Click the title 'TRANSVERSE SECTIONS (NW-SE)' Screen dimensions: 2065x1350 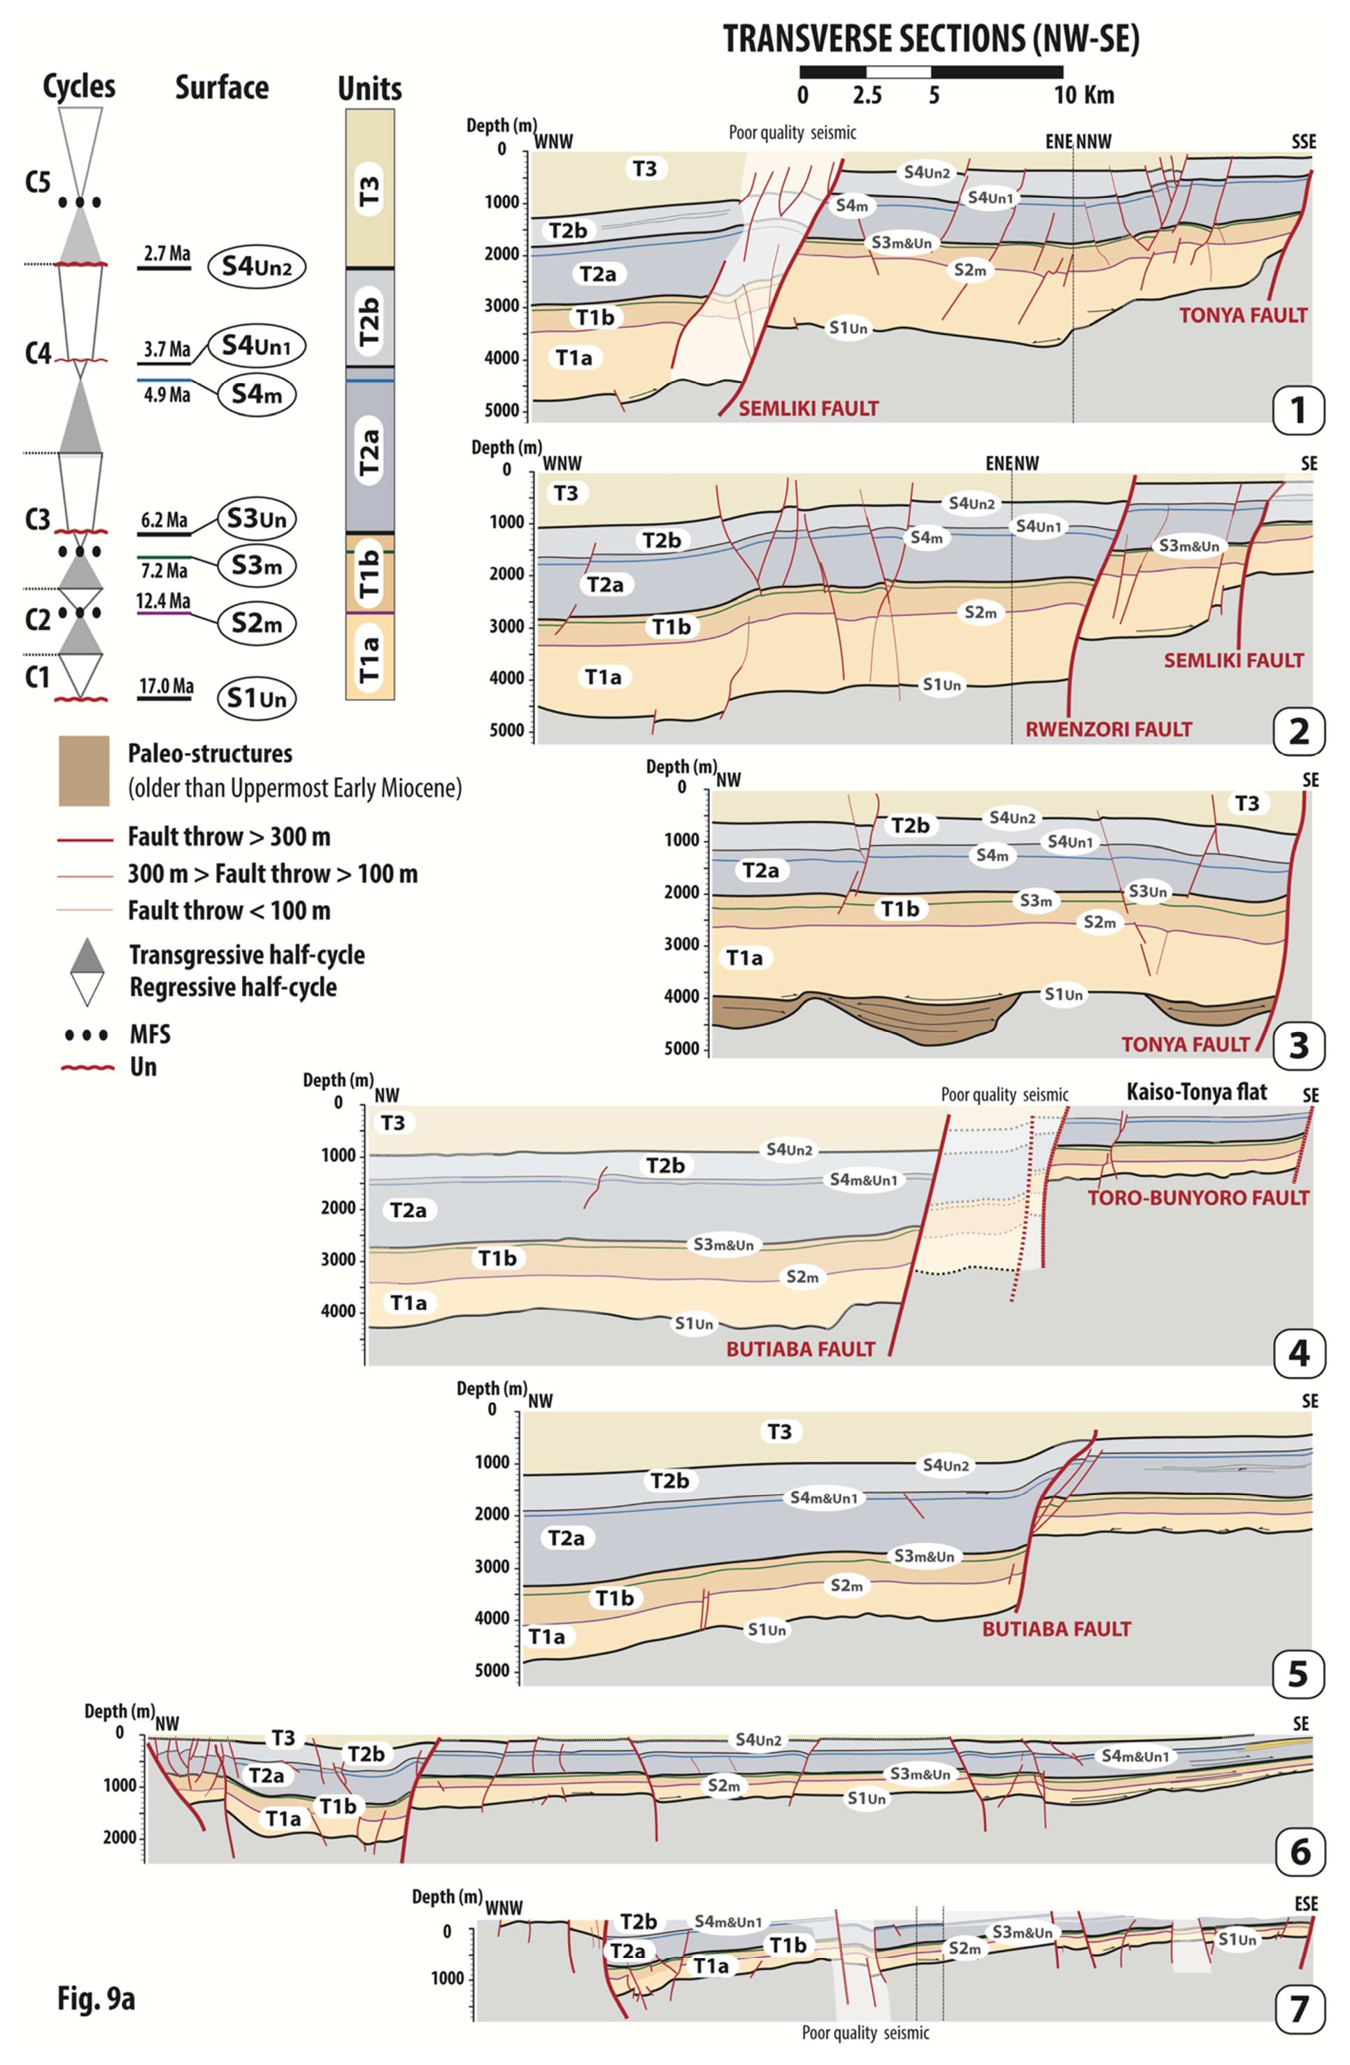pyautogui.click(x=930, y=40)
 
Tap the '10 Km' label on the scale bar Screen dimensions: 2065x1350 pyautogui.click(x=1083, y=94)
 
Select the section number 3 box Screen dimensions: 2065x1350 pyautogui.click(x=1298, y=1045)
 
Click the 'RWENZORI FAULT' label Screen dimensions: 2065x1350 pyautogui.click(x=1108, y=729)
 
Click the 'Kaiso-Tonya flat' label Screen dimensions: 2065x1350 pyautogui.click(x=1195, y=1092)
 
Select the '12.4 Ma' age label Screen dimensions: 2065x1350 pyautogui.click(x=166, y=601)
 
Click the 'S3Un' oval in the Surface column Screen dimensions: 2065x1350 pyautogui.click(x=257, y=520)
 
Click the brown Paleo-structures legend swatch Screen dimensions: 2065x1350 pyautogui.click(x=84, y=771)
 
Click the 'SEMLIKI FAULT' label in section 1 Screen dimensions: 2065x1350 pyautogui.click(x=808, y=408)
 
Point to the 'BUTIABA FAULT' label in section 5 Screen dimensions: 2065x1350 pyautogui.click(x=1056, y=1629)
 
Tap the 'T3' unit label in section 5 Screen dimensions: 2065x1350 pyautogui.click(x=779, y=1431)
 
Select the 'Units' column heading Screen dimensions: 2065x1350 pyautogui.click(x=369, y=89)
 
